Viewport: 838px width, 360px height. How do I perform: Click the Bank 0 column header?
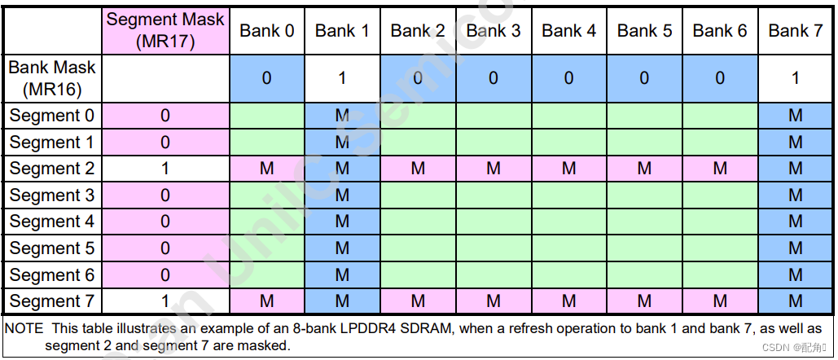266,31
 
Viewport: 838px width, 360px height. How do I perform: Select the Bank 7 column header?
795,31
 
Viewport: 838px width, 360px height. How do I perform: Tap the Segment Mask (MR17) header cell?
165,31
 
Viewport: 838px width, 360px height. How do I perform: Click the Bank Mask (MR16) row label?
52,78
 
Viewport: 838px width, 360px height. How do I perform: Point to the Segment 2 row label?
52,169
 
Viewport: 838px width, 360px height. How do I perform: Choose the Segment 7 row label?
52,301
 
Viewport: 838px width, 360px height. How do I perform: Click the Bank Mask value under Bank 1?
342,78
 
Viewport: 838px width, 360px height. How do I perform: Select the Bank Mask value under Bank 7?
795,78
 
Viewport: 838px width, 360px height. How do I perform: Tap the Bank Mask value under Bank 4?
568,78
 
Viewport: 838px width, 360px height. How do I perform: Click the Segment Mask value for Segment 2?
165,169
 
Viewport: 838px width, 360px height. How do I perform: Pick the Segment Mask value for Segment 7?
165,301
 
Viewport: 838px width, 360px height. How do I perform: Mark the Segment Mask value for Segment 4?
165,222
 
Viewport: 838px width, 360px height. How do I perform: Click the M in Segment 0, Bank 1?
342,116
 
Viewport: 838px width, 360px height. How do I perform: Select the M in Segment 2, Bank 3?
494,169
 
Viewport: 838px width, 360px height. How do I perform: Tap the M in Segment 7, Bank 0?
266,301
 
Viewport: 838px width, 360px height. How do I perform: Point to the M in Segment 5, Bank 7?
795,248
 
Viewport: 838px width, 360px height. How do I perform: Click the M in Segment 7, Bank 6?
720,301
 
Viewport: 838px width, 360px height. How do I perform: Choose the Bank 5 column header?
644,31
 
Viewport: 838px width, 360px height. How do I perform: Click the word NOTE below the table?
25,329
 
